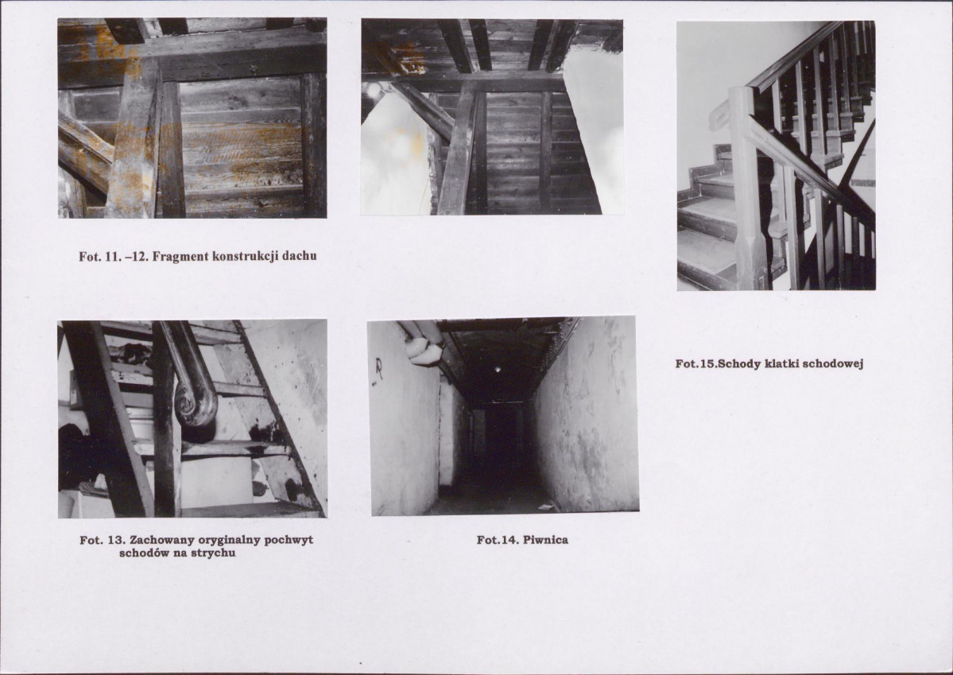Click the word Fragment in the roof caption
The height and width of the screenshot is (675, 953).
pyautogui.click(x=179, y=256)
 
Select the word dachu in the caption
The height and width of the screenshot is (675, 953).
pyautogui.click(x=300, y=256)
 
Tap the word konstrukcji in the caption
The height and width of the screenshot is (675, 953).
pyautogui.click(x=244, y=256)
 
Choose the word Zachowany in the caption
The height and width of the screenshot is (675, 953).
pyautogui.click(x=159, y=540)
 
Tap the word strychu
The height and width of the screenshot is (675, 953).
pyautogui.click(x=213, y=553)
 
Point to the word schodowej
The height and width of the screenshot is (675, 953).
pyautogui.click(x=833, y=363)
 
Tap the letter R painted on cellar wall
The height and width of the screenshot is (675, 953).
pyautogui.click(x=378, y=369)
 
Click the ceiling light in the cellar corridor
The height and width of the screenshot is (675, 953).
pyautogui.click(x=497, y=369)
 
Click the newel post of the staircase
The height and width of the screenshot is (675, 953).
pyautogui.click(x=748, y=188)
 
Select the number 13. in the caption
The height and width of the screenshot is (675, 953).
pyautogui.click(x=114, y=540)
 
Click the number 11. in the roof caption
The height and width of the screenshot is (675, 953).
pyautogui.click(x=110, y=256)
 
